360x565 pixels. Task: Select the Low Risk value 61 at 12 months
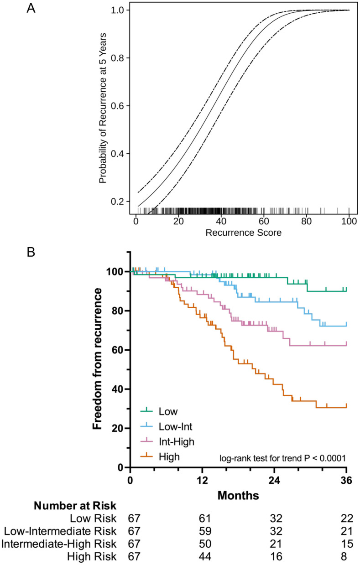(202, 518)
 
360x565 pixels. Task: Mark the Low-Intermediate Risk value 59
(202, 531)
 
